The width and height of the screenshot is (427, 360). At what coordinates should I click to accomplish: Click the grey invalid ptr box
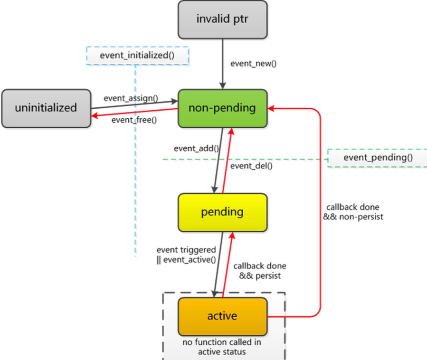click(x=223, y=19)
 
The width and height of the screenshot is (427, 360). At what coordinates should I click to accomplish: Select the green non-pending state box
click(x=223, y=108)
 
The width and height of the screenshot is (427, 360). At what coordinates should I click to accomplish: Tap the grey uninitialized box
click(x=46, y=108)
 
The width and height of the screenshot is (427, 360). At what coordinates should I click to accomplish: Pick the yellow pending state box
click(x=223, y=212)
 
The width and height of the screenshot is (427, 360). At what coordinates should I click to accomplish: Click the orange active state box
click(x=223, y=316)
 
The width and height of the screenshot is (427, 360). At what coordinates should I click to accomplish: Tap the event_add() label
click(x=196, y=148)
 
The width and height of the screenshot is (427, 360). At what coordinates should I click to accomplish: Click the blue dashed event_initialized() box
click(x=137, y=55)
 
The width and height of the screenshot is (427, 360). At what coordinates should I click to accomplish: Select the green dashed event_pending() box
click(x=378, y=158)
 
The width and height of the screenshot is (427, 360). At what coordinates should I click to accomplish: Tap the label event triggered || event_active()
click(x=186, y=254)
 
